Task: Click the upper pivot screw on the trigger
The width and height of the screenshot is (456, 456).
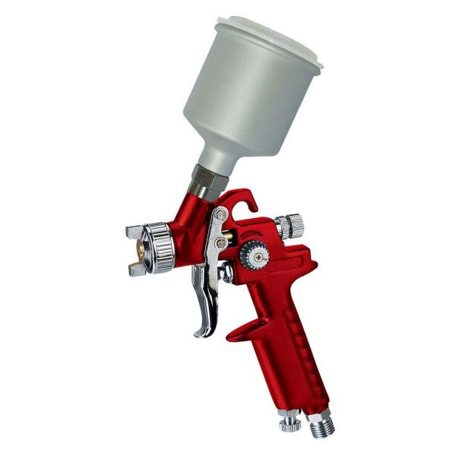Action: point(220,215)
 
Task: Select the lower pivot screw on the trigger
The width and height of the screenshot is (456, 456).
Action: point(220,242)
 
